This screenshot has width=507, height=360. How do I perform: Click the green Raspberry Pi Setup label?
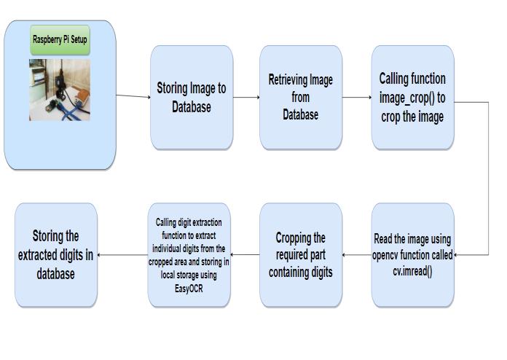coord(60,39)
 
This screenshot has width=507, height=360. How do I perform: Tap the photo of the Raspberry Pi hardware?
coord(60,89)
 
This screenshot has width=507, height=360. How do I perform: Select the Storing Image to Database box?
coord(192,97)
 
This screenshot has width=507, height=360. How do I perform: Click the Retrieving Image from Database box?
coord(300,97)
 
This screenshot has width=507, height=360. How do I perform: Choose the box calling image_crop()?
coord(412,97)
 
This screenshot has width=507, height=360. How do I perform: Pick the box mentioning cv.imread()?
coord(412,254)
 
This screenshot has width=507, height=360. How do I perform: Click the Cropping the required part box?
coord(300,254)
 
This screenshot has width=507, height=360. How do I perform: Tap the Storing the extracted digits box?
coord(56,254)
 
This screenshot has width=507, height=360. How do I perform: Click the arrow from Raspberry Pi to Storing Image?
coord(133,96)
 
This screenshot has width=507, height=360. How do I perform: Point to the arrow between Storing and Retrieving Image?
coord(246,97)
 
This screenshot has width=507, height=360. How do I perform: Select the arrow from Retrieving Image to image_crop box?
coord(356,97)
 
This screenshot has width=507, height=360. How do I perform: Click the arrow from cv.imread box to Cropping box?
coord(357,254)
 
